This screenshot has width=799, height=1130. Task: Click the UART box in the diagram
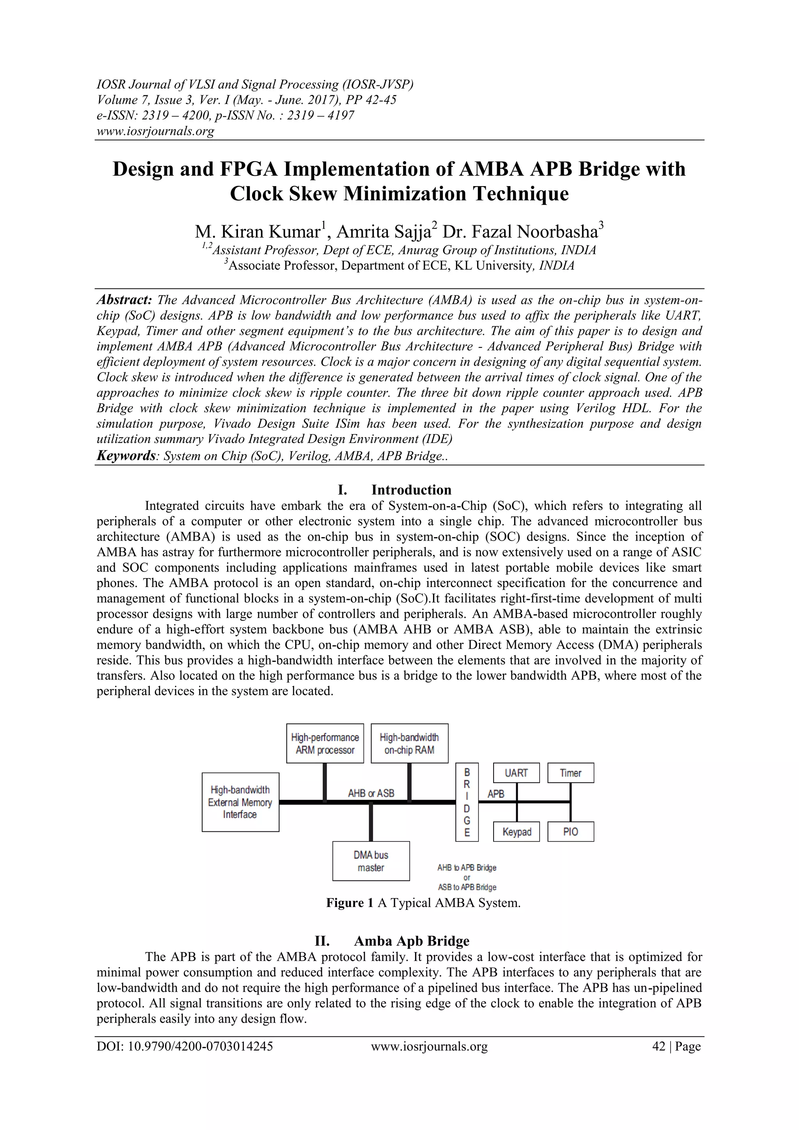click(x=516, y=773)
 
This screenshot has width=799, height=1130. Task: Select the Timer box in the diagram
click(x=570, y=773)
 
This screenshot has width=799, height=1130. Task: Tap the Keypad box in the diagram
click(x=516, y=832)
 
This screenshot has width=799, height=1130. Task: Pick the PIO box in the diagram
click(x=570, y=832)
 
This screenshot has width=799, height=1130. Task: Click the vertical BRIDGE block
click(x=467, y=802)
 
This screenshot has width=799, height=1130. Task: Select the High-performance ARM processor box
click(x=325, y=743)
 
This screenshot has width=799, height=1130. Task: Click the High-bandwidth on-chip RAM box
click(x=409, y=743)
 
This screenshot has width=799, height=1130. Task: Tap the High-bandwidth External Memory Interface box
click(x=240, y=802)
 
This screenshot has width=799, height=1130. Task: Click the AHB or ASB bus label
click(x=371, y=794)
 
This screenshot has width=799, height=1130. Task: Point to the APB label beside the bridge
click(x=495, y=794)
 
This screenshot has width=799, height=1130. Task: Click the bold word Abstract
click(x=124, y=300)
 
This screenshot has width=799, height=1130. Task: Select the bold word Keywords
click(x=126, y=456)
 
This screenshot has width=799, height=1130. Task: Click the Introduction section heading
click(x=411, y=490)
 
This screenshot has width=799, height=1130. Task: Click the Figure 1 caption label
click(x=350, y=902)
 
